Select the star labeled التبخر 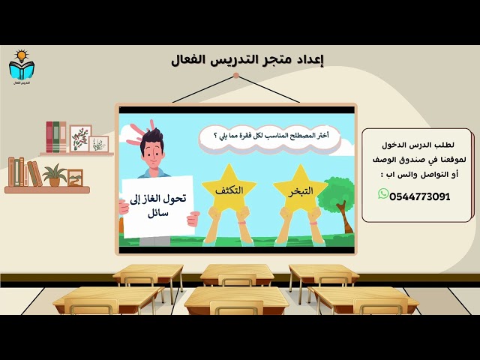(x=300, y=190)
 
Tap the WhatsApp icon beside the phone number (x=383, y=194)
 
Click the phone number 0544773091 (x=420, y=196)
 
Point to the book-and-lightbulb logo (x=21, y=67)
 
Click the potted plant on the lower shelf (x=54, y=175)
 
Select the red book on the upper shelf (x=49, y=137)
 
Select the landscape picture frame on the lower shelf (x=75, y=178)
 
